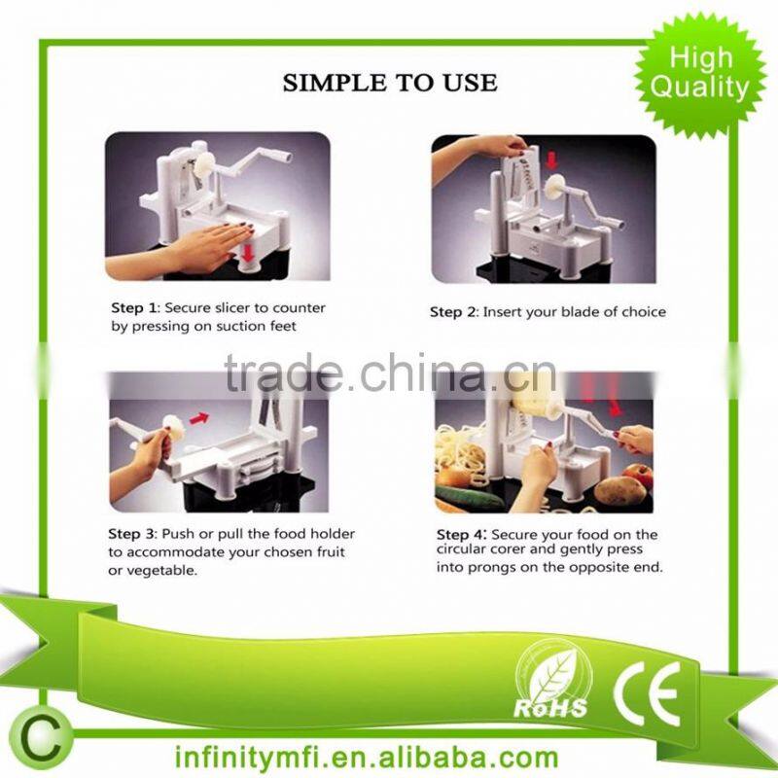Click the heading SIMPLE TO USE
(389, 83)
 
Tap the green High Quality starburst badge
(699, 73)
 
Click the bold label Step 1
(130, 308)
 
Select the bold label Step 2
(453, 312)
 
